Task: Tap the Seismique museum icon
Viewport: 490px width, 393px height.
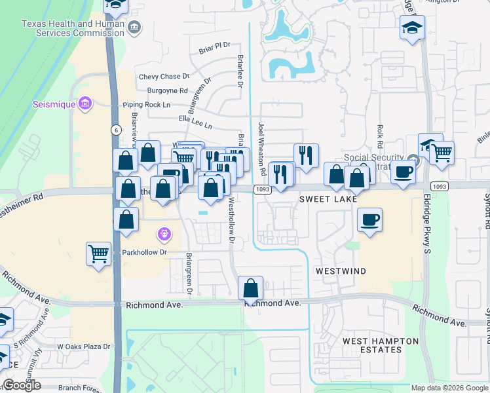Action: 85,103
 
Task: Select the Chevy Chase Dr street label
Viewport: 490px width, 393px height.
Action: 164,77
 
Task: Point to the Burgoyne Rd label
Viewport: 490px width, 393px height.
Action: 168,90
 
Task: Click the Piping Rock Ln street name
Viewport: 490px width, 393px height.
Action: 146,105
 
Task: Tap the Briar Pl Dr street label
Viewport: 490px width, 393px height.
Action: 216,45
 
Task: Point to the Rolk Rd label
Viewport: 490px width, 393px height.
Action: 379,136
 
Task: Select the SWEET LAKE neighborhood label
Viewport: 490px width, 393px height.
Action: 329,198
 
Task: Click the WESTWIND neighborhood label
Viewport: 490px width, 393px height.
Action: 340,271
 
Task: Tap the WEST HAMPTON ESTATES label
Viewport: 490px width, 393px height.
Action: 381,345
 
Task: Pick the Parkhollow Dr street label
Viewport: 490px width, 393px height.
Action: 145,252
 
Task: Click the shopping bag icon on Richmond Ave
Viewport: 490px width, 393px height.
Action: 250,288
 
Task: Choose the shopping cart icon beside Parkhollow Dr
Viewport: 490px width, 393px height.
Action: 99,253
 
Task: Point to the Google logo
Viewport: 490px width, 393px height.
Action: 22,385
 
